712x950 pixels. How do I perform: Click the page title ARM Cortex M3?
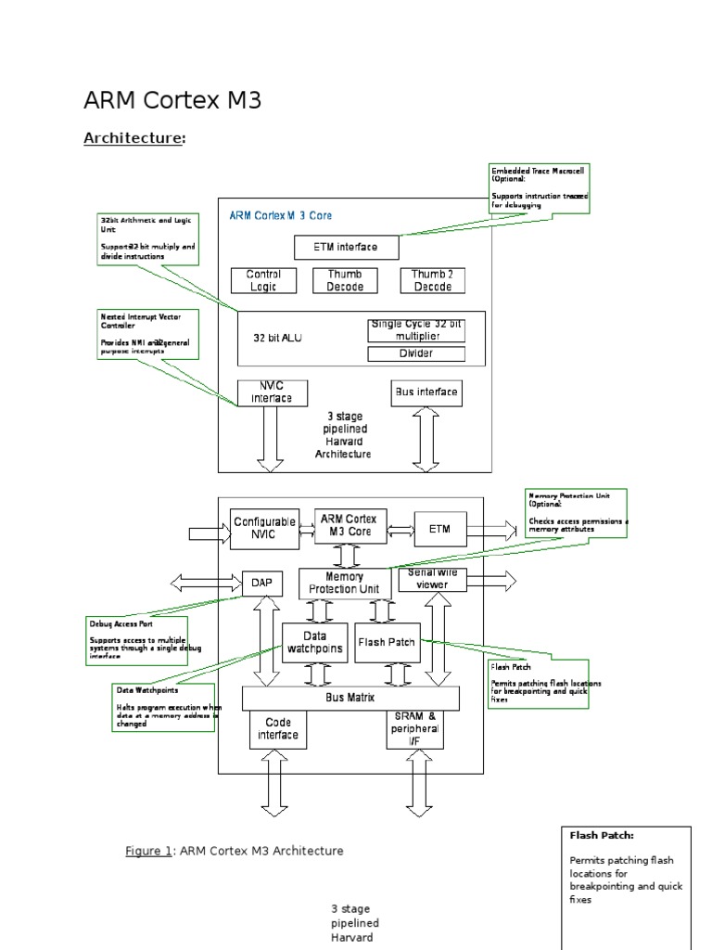172,101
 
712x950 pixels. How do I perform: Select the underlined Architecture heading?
133,138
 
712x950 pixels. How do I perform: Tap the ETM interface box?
348,247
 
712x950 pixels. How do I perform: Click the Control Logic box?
263,280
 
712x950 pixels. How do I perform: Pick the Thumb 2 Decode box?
432,280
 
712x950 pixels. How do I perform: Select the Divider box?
416,353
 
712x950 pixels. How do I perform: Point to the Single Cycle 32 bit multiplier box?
416,329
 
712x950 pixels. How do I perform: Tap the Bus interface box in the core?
426,392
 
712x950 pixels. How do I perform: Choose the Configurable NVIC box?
264,528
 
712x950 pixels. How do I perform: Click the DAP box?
261,583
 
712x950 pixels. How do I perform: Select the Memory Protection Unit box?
344,584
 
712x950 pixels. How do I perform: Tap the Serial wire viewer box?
432,580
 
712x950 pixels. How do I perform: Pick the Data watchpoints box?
314,642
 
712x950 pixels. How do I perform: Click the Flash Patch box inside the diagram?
387,642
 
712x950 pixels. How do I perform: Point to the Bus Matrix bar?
350,698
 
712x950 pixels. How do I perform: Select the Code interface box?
278,729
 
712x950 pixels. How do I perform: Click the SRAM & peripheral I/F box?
413,729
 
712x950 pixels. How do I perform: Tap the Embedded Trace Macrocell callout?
539,188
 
